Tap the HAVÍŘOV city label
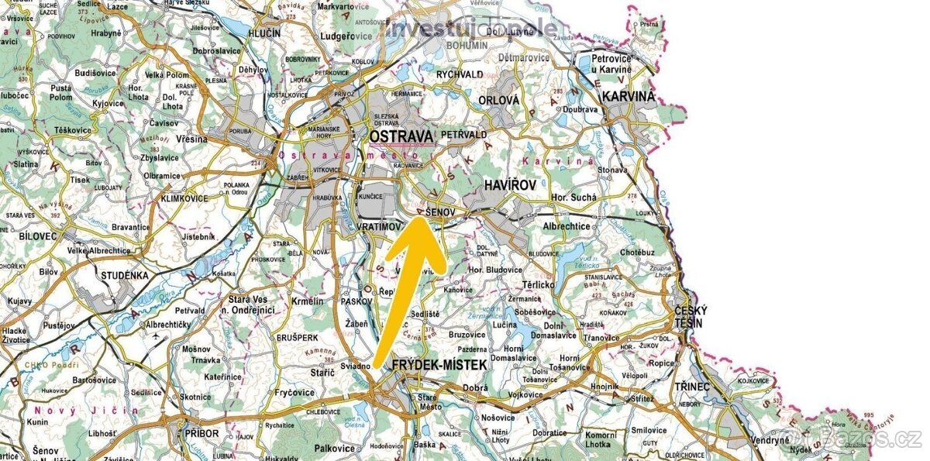[x=510, y=186]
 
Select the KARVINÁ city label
[x=629, y=97]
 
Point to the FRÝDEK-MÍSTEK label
[x=439, y=364]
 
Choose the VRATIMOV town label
[x=381, y=227]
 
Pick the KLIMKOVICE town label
[x=184, y=198]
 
